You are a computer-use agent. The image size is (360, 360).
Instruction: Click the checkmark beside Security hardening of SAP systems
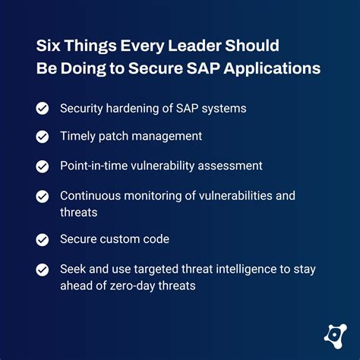43,109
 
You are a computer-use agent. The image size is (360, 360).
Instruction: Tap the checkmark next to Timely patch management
43,137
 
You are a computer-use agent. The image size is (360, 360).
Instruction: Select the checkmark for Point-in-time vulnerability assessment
43,165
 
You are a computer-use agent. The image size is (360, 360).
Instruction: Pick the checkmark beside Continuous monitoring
43,196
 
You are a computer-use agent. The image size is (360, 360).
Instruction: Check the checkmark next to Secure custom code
43,239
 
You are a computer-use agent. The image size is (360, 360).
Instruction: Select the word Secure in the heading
159,68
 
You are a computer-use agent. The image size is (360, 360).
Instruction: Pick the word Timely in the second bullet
77,137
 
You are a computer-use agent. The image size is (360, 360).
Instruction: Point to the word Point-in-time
94,165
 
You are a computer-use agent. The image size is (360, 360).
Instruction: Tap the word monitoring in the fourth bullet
153,196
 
